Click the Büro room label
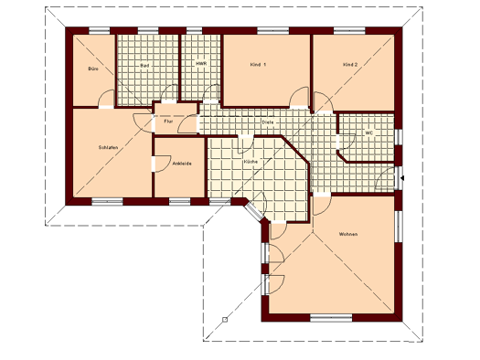pyautogui.click(x=93, y=69)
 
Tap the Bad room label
pyautogui.click(x=144, y=66)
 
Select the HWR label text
pyautogui.click(x=201, y=64)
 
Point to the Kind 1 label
pyautogui.click(x=258, y=65)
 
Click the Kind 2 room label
pyautogui.click(x=350, y=65)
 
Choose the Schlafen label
pyautogui.click(x=108, y=147)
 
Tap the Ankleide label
pyautogui.click(x=182, y=164)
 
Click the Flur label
pyautogui.click(x=168, y=122)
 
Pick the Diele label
pyautogui.click(x=268, y=122)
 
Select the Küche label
pyautogui.click(x=251, y=162)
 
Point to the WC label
pyautogui.click(x=368, y=133)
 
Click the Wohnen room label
pyautogui.click(x=348, y=234)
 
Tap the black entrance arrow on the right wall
pyautogui.click(x=402, y=177)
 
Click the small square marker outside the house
pyautogui.click(x=225, y=320)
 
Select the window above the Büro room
pyautogui.click(x=99, y=30)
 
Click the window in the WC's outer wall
pyautogui.click(x=399, y=136)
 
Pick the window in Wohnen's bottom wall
pyautogui.click(x=331, y=318)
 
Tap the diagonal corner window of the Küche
pyautogui.click(x=253, y=210)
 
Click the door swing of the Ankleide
pyautogui.click(x=161, y=164)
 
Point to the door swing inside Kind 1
pyautogui.click(x=299, y=97)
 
